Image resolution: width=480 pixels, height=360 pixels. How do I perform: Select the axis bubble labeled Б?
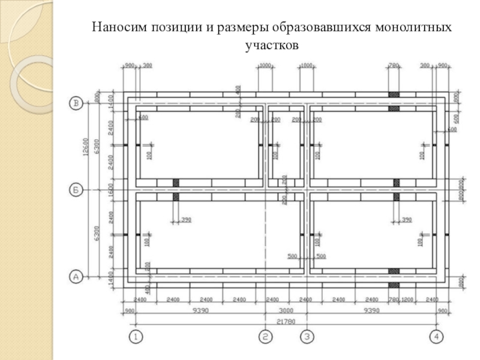point(76,190)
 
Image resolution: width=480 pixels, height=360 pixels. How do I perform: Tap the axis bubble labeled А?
point(76,277)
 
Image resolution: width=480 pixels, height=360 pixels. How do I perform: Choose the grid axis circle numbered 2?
point(265,337)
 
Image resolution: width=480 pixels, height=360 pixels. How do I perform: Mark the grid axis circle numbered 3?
point(307,337)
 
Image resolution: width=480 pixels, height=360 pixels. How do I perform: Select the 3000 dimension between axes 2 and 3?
point(286,311)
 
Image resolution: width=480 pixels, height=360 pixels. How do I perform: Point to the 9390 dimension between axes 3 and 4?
point(371,311)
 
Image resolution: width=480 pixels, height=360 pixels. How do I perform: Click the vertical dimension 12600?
point(86,147)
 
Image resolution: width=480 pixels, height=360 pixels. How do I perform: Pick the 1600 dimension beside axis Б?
point(110,190)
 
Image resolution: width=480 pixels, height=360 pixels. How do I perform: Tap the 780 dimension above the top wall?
point(394,65)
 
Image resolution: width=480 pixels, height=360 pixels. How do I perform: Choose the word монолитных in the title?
point(415,28)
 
